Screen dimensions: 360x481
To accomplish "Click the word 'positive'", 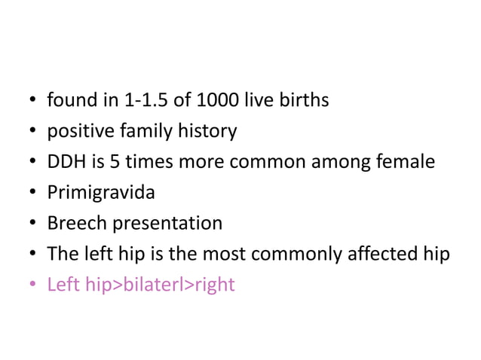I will pyautogui.click(x=79, y=131).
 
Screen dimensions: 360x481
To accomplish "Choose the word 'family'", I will pyautogui.click(x=143, y=132).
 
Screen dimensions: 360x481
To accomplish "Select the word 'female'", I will pyautogui.click(x=406, y=162).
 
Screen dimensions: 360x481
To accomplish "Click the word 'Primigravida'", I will pyautogui.click(x=101, y=193).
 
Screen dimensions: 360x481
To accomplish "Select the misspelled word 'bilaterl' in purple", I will pyautogui.click(x=155, y=285).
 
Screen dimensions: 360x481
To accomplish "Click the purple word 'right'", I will pyautogui.click(x=216, y=285).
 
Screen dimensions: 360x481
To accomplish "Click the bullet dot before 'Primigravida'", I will pyautogui.click(x=32, y=194).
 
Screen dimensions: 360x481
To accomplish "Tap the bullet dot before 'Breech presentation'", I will pyautogui.click(x=32, y=224).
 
